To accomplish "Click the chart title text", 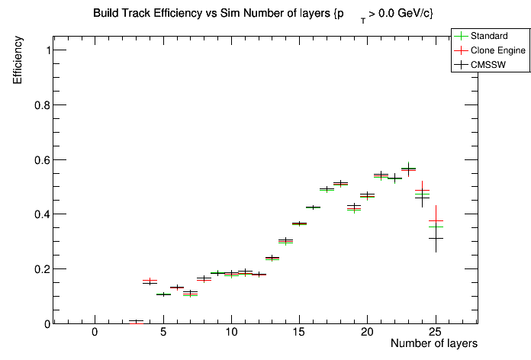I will pyautogui.click(x=263, y=14).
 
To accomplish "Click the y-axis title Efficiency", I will pyautogui.click(x=18, y=61).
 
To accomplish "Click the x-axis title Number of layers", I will pyautogui.click(x=434, y=344).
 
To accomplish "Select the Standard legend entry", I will pyautogui.click(x=489, y=36).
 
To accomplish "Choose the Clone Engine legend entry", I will pyautogui.click(x=495, y=50).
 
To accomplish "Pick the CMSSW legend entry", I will pyautogui.click(x=489, y=66).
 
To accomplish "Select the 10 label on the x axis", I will pyautogui.click(x=230, y=332).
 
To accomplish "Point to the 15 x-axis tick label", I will pyautogui.click(x=298, y=332).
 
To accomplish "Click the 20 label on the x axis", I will pyautogui.click(x=367, y=332).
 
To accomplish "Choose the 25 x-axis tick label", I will pyautogui.click(x=435, y=332).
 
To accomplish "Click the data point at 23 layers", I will pyautogui.click(x=408, y=169).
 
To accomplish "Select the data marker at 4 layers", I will pyautogui.click(x=150, y=281).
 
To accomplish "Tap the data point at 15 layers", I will pyautogui.click(x=299, y=223).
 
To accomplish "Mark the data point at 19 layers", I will pyautogui.click(x=353, y=207).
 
